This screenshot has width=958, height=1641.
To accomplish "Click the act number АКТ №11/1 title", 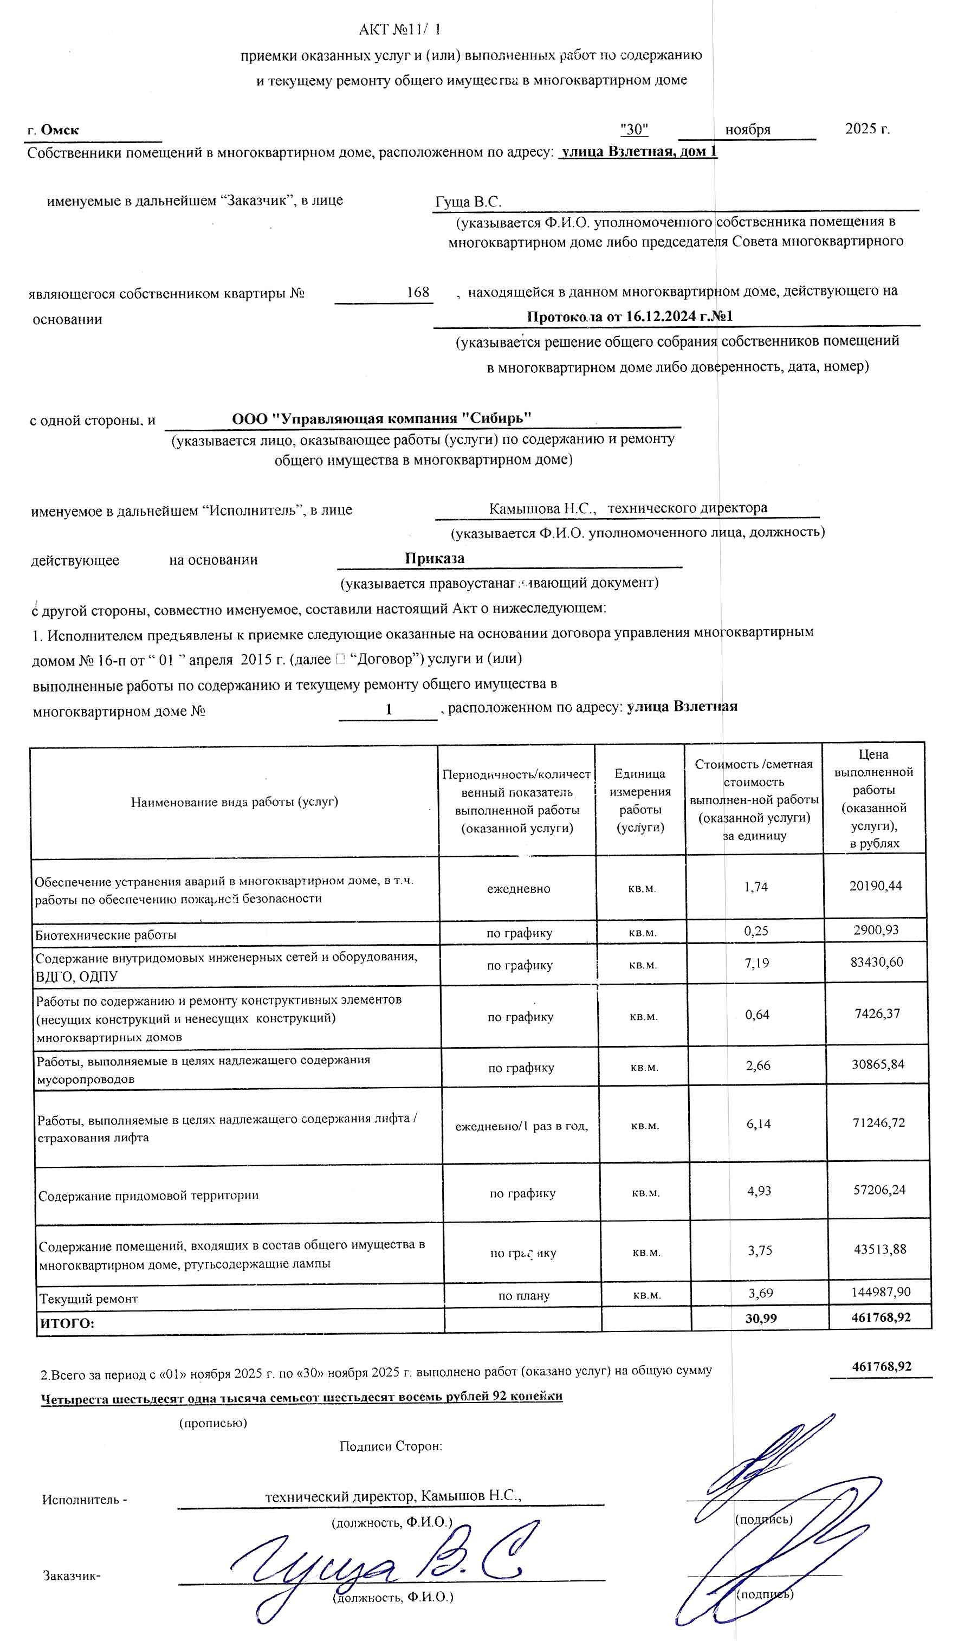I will (x=400, y=30).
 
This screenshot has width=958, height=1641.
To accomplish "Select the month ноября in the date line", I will (x=747, y=130).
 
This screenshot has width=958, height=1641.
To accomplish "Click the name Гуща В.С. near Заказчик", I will (x=468, y=202).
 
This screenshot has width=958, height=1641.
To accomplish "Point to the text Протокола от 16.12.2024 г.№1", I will (x=629, y=316).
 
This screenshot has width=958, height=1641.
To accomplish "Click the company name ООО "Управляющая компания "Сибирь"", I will (x=381, y=418).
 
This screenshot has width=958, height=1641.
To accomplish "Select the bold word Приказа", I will (x=435, y=558).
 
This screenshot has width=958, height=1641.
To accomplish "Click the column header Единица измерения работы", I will (x=639, y=800).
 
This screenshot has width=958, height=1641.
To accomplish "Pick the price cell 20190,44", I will (x=875, y=886).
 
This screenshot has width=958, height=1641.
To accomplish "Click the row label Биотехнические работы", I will (x=106, y=935).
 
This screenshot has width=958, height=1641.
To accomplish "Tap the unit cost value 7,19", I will (x=757, y=963).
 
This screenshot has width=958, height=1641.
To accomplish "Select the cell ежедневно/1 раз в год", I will (x=521, y=1126).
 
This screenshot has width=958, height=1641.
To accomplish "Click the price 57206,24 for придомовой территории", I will (x=879, y=1190).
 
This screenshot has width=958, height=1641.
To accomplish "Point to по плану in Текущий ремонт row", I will (x=523, y=1296).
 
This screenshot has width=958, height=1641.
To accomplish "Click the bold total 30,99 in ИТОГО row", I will (x=761, y=1319).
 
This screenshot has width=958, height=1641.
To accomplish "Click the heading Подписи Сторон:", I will (x=391, y=1446).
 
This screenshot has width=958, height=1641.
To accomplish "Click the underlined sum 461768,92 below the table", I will (x=881, y=1367).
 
